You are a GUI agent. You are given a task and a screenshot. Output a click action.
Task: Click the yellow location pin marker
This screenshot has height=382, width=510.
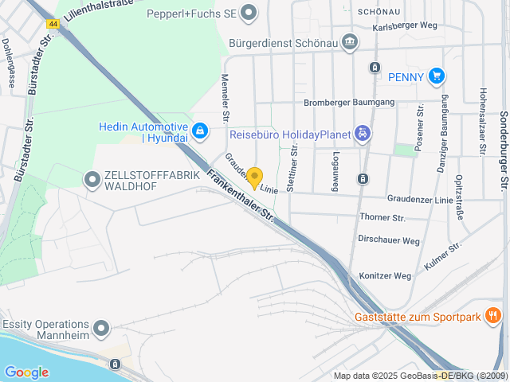tap(254, 177)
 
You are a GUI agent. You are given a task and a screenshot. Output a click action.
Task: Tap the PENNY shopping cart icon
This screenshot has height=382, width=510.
tap(435, 76)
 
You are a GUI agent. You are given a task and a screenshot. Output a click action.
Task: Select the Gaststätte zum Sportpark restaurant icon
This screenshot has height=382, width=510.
tap(493, 317)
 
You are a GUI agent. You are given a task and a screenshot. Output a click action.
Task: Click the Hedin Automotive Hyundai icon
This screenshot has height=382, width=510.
tap(199, 130)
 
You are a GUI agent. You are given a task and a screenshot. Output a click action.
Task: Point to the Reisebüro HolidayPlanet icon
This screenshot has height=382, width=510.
tap(363, 134)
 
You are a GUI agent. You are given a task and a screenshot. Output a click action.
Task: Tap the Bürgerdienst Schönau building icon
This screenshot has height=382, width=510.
tap(349, 42)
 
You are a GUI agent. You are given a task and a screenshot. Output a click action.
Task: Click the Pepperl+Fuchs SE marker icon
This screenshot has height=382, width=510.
tap(249, 12)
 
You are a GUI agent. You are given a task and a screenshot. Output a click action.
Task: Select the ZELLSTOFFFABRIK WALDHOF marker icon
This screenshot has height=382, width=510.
tap(92, 180)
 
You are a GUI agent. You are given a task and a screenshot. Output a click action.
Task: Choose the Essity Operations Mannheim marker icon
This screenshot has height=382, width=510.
tap(101, 328)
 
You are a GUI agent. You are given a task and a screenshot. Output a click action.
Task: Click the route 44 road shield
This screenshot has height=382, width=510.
tap(53, 24)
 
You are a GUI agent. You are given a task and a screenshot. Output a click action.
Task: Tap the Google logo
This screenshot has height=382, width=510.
tap(26, 372)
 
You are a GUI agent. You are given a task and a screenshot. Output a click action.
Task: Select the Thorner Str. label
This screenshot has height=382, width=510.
tap(382, 217)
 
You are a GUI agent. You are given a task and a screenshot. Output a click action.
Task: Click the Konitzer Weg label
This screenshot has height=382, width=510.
tap(385, 276)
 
